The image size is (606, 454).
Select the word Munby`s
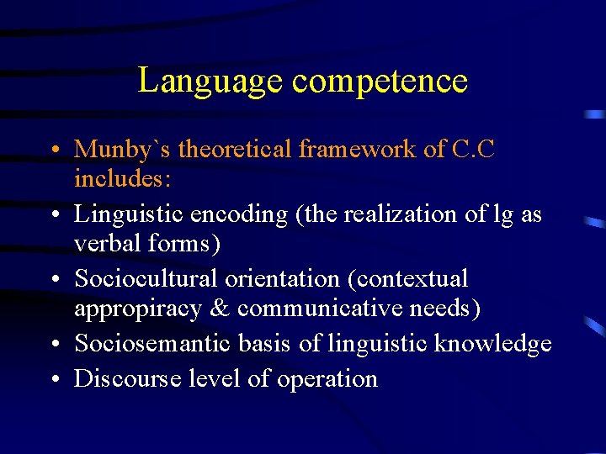point(123,150)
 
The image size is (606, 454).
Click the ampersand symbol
point(219,309)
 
